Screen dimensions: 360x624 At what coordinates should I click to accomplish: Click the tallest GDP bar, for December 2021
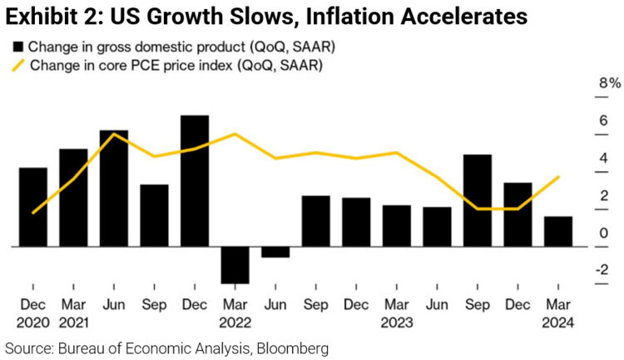(x=195, y=180)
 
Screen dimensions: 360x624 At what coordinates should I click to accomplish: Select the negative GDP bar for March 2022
(x=235, y=265)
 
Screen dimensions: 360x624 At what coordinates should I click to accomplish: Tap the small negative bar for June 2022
(x=275, y=252)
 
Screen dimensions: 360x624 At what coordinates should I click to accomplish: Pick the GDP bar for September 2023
(x=478, y=200)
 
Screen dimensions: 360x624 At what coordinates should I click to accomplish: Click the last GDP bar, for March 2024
(x=558, y=231)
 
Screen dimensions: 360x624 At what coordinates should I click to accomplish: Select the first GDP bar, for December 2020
(x=32, y=207)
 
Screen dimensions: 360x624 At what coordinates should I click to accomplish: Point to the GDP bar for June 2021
(x=114, y=188)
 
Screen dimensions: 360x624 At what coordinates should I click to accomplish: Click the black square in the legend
(x=18, y=46)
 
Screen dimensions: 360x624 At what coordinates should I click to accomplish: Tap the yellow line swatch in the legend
(x=17, y=64)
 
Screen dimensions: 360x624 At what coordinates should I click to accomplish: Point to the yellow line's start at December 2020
(x=33, y=213)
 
